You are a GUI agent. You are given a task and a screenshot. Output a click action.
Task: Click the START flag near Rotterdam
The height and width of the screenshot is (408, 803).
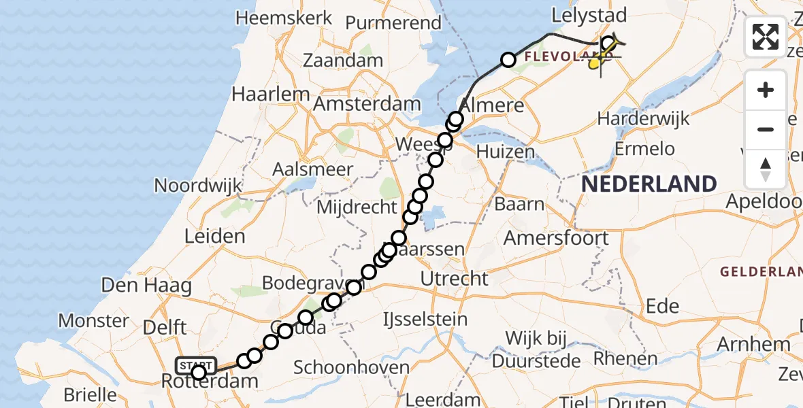(x=196, y=365)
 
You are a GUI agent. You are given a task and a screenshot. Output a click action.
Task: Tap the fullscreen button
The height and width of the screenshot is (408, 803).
(x=766, y=37)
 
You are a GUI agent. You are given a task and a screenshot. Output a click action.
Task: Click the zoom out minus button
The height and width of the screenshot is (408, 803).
(x=766, y=129)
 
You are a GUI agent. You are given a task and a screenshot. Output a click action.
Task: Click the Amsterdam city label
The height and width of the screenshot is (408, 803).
(x=367, y=104)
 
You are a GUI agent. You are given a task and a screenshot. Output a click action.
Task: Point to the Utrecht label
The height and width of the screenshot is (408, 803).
(x=454, y=278)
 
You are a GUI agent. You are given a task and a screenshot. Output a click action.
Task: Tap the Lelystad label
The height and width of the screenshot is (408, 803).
(x=589, y=16)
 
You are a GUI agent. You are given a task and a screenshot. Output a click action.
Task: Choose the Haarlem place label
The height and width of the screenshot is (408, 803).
(x=266, y=92)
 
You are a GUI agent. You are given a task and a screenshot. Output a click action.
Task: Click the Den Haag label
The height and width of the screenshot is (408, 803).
(x=146, y=286)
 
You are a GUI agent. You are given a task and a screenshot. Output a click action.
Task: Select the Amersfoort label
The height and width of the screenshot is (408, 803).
(x=556, y=238)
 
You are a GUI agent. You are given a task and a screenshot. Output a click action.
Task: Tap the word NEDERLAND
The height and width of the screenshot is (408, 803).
(x=649, y=184)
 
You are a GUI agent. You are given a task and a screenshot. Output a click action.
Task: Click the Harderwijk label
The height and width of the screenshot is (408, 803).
(x=643, y=118)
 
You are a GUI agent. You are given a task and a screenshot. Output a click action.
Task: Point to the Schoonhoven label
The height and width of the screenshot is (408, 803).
(x=352, y=368)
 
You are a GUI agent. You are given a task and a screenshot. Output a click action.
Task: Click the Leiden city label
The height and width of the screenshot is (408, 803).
(x=214, y=237)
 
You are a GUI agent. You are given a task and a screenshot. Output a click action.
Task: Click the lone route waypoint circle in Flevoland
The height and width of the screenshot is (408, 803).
(x=508, y=60)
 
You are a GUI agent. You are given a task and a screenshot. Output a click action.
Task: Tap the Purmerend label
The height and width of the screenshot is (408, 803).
(x=393, y=22)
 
